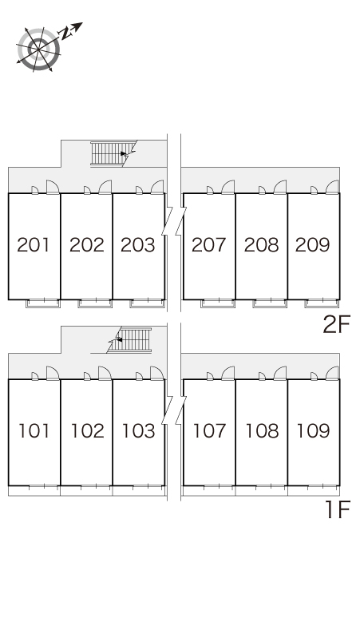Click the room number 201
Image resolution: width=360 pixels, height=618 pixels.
34,245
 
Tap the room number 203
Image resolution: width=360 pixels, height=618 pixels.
138,245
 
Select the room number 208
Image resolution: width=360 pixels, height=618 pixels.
261,245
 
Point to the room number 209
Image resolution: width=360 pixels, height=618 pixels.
312,245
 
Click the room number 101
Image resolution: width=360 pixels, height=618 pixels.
34,431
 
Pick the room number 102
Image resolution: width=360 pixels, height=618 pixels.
88,431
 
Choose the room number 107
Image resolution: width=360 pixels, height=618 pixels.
209,431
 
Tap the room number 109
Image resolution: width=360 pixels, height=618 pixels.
313,431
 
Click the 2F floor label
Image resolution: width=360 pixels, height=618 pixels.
336,325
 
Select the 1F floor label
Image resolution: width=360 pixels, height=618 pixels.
338,509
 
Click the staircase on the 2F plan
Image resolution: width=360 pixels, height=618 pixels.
113,153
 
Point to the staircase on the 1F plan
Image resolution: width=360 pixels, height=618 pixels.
130,340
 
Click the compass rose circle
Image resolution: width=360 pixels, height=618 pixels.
38,50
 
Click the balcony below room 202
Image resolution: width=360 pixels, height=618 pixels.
95,303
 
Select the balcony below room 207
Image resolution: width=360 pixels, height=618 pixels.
218,303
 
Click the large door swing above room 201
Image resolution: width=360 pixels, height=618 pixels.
53,187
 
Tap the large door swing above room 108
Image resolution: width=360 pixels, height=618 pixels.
280,373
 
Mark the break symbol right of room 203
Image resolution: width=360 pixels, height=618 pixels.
174,221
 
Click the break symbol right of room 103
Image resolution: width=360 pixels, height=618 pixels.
174,410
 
